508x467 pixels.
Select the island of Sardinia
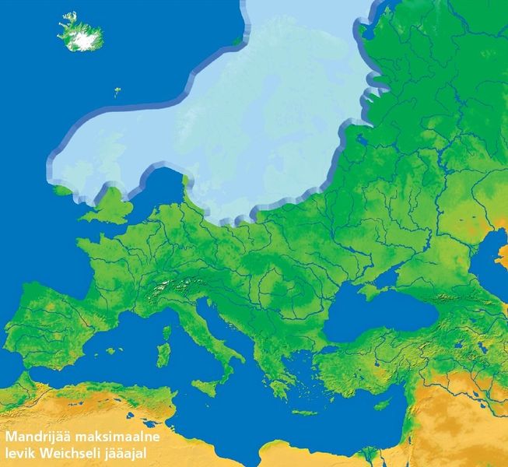click(x=163, y=355)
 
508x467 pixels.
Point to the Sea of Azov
click(x=409, y=272)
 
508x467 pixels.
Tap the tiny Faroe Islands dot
click(x=117, y=91)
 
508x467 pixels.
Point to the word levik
click(x=19, y=454)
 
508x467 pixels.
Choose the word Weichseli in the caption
click(x=69, y=454)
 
